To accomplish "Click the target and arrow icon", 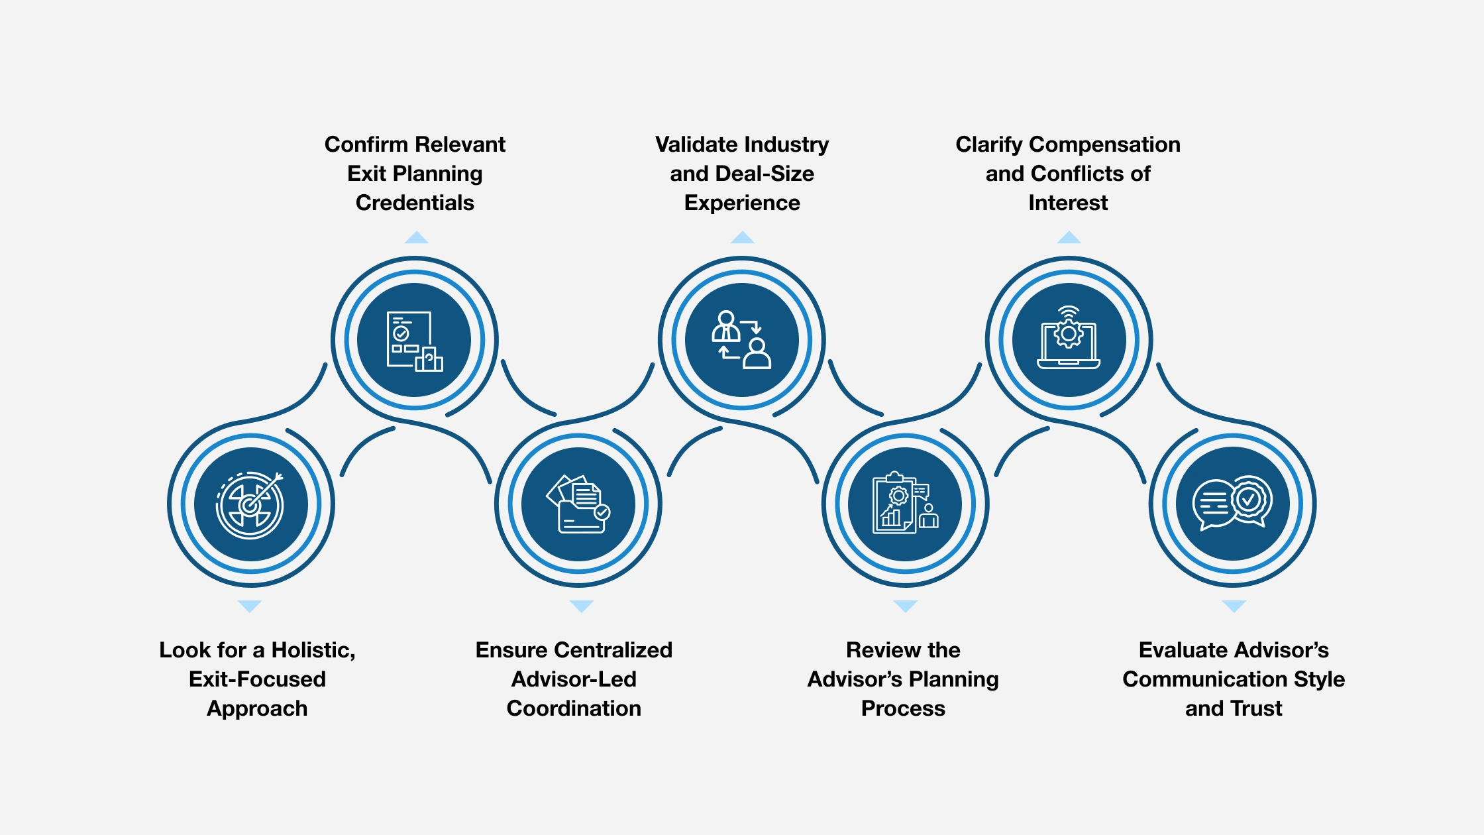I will click(x=250, y=505).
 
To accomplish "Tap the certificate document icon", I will click(x=414, y=341).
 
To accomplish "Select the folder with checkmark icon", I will click(x=578, y=505).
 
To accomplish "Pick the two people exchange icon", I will click(x=741, y=341).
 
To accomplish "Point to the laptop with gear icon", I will click(x=1069, y=341).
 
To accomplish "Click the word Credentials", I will click(x=415, y=203).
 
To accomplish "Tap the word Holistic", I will click(x=313, y=650).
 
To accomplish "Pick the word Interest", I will click(x=1068, y=203).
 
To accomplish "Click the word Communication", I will click(x=1182, y=679).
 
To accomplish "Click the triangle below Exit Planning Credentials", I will click(x=416, y=238).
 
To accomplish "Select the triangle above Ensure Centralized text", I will click(x=581, y=606).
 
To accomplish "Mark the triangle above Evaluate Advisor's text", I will click(x=1234, y=606).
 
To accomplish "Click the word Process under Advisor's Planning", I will click(x=903, y=708).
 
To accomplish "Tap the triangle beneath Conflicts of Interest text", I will click(x=1069, y=238).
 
